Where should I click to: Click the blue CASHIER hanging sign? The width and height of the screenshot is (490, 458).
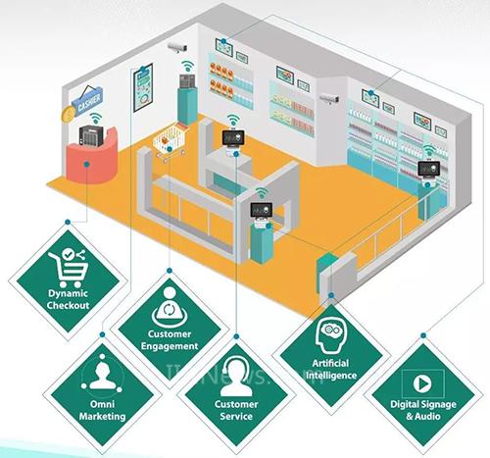(x=87, y=100)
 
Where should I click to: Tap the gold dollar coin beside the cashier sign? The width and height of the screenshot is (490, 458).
(x=69, y=114)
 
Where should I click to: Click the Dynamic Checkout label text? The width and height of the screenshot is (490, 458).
(x=68, y=299)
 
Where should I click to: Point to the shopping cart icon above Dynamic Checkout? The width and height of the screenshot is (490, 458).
(x=68, y=268)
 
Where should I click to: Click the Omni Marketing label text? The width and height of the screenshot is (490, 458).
(x=102, y=410)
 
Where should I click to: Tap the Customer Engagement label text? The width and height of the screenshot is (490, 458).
(x=170, y=340)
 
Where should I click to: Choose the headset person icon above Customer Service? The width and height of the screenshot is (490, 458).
(x=236, y=377)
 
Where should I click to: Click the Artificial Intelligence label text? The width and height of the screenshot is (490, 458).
(x=330, y=369)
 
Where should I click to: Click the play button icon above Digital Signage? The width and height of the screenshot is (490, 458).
(x=422, y=383)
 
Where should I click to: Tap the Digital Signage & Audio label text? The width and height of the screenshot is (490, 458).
(x=423, y=410)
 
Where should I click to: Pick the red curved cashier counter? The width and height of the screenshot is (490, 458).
(x=92, y=157)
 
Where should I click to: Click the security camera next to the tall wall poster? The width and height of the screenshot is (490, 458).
(x=177, y=48)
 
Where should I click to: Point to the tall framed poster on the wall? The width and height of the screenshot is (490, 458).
(x=143, y=87)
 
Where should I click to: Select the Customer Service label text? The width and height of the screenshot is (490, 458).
(x=236, y=410)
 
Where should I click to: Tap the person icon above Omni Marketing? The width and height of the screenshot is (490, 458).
(x=102, y=374)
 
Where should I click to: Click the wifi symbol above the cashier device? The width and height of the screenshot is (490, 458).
(x=95, y=118)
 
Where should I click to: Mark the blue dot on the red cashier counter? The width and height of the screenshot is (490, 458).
(x=86, y=165)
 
